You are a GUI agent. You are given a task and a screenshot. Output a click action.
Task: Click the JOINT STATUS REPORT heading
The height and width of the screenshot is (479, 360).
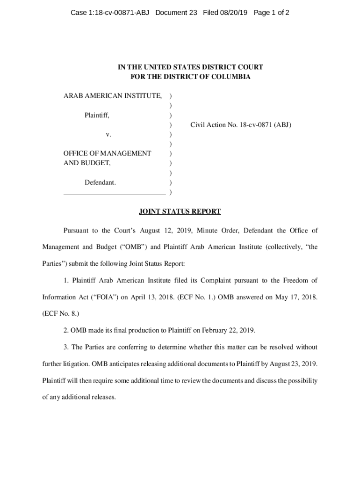pos(180,211)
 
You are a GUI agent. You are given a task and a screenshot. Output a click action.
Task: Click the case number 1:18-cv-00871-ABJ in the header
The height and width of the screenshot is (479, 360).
pos(109,13)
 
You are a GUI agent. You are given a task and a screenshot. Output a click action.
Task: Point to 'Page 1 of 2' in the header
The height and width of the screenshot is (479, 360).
pos(271,13)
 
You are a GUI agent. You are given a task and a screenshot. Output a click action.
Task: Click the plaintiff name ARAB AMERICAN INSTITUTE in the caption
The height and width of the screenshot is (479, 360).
pos(113,96)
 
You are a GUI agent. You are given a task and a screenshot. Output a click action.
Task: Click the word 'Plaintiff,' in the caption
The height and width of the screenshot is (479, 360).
pos(97,115)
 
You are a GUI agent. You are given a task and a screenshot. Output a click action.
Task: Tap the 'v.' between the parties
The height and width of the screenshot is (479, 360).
pos(108,134)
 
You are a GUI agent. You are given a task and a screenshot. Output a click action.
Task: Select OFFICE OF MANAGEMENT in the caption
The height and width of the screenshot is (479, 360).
pos(107,153)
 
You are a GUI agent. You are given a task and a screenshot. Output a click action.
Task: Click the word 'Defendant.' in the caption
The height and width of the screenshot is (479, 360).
pos(100,182)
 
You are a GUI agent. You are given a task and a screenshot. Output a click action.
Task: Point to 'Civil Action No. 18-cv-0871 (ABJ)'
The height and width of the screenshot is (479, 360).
pos(241,125)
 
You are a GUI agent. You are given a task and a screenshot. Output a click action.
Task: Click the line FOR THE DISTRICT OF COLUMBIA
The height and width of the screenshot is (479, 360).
pos(190,77)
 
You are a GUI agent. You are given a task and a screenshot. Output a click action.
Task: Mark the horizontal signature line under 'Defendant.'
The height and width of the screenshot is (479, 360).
pos(115,193)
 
